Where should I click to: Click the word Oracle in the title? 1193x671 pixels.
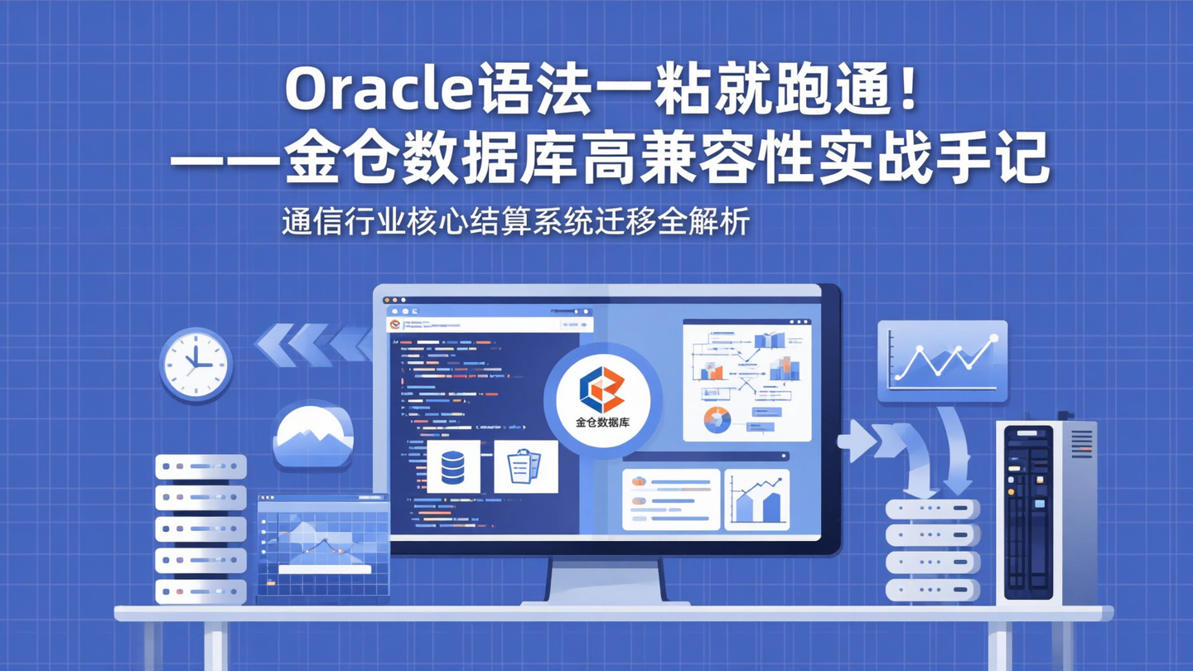pyautogui.click(x=378, y=90)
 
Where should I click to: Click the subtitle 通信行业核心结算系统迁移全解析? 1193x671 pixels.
pyautogui.click(x=515, y=222)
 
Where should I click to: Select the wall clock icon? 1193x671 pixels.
pyautogui.click(x=196, y=364)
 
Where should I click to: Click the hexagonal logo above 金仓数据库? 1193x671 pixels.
pyautogui.click(x=602, y=389)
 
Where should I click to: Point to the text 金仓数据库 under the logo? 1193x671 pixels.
pyautogui.click(x=602, y=422)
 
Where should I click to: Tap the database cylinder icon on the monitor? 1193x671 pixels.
pyautogui.click(x=453, y=466)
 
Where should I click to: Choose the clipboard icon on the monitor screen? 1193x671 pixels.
pyautogui.click(x=525, y=466)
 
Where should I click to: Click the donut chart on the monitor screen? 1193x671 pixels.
pyautogui.click(x=717, y=419)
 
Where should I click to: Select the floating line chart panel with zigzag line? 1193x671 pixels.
pyautogui.click(x=943, y=361)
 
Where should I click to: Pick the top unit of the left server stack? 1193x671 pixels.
pyautogui.click(x=200, y=466)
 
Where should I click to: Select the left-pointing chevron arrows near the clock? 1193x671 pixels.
pyautogui.click(x=313, y=344)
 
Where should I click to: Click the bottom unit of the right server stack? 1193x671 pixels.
pyautogui.click(x=933, y=590)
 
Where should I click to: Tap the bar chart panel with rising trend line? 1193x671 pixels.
pyautogui.click(x=757, y=500)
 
